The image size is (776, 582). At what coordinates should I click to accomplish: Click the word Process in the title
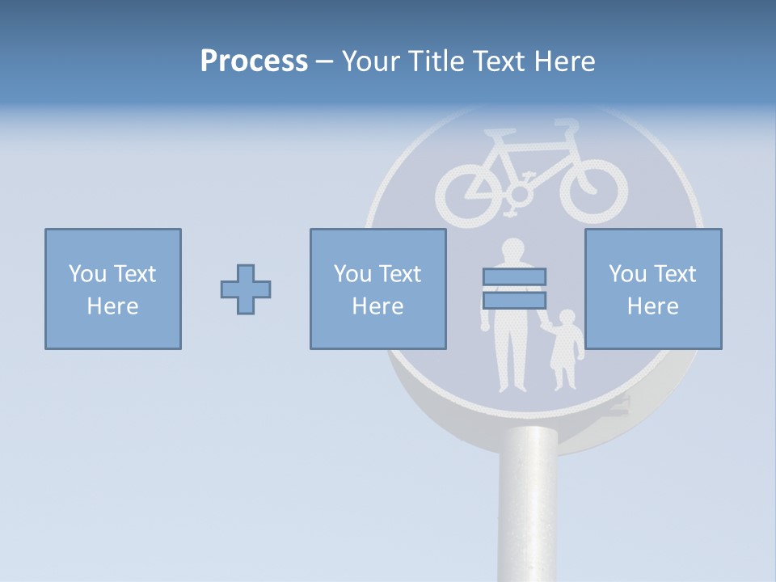(x=254, y=61)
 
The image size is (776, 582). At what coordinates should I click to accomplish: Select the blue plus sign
(x=246, y=289)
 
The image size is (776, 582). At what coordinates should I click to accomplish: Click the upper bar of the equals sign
(x=514, y=276)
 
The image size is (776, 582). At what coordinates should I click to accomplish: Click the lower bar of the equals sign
(x=514, y=301)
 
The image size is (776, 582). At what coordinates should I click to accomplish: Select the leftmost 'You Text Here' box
(x=113, y=289)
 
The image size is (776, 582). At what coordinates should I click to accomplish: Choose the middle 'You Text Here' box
(x=377, y=289)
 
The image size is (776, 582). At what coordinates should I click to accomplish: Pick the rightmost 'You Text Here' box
(x=653, y=289)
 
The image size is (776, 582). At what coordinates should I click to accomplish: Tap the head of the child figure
(x=567, y=318)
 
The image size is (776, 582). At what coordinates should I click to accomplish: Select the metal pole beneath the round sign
(x=528, y=501)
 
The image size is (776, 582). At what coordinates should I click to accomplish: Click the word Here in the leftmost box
(x=112, y=306)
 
